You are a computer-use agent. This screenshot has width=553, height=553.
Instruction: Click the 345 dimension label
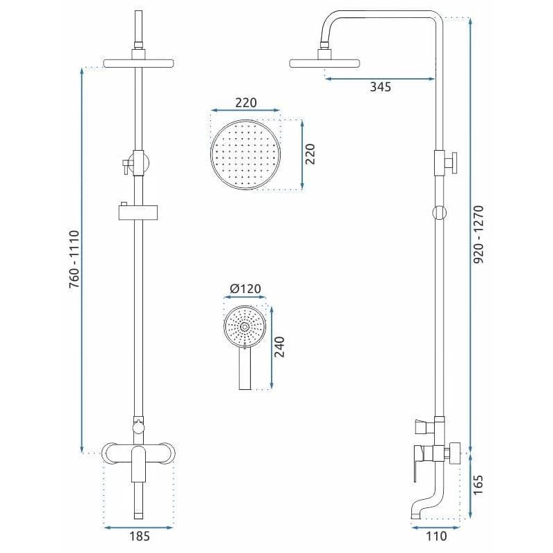coord(381,87)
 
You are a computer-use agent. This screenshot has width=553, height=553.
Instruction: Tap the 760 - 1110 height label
coord(75,259)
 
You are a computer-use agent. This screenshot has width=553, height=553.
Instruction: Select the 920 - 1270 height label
coord(478,234)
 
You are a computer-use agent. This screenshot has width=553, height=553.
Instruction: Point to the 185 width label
coord(140,536)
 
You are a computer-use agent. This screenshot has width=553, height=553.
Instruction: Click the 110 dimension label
coord(436,536)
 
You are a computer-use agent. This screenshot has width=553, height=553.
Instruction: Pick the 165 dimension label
coord(478,485)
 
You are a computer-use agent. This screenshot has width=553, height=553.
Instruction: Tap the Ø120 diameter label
coord(245,289)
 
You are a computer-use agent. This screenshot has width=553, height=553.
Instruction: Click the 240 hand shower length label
coord(279,347)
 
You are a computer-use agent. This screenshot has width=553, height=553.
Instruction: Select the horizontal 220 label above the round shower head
coord(246,103)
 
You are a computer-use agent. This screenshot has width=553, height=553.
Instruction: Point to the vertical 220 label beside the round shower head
coord(310,154)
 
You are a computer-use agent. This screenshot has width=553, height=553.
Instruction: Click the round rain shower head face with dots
coord(245,155)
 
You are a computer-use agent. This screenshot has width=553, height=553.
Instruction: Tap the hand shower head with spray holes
coord(245,327)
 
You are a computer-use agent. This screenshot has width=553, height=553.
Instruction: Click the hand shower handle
coord(245,368)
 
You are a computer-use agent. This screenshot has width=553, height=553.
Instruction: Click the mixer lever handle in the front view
coord(139,464)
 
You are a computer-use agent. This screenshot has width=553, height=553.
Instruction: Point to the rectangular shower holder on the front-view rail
coord(138,213)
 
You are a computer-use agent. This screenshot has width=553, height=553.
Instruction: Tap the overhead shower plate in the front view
coord(139,64)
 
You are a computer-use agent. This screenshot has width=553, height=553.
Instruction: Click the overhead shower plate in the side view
coord(324,64)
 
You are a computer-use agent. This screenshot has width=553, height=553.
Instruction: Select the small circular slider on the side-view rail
coord(440,213)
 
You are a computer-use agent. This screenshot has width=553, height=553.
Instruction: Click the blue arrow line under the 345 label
coord(379,79)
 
